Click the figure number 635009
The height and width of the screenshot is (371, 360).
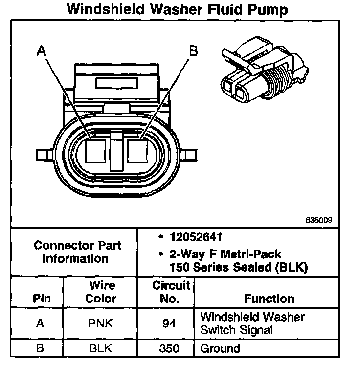click(x=318, y=220)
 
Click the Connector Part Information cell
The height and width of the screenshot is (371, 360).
click(x=75, y=252)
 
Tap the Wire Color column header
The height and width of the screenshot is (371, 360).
click(x=101, y=292)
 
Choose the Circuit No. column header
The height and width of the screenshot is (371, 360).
click(x=171, y=292)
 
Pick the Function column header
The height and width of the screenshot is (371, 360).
click(x=269, y=299)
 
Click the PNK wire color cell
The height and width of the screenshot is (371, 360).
click(x=101, y=324)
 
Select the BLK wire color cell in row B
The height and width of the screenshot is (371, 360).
click(x=101, y=349)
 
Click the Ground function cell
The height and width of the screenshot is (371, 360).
click(x=220, y=349)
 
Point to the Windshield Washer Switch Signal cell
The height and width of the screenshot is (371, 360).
click(x=252, y=324)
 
